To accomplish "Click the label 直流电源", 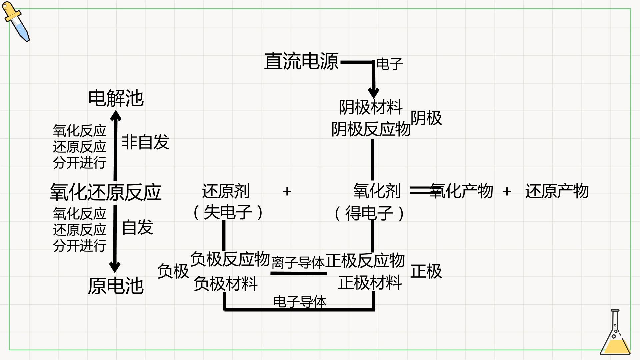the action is [x=301, y=61].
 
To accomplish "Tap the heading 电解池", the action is [x=116, y=98].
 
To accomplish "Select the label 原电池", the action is [x=116, y=286].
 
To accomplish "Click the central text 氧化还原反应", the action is [x=106, y=192].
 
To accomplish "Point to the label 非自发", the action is [x=145, y=142].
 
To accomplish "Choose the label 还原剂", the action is [x=226, y=191].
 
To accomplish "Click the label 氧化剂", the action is [x=377, y=191].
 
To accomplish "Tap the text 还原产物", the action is [x=557, y=191].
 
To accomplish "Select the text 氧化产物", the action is [x=461, y=191].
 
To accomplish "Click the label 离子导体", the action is [x=298, y=262].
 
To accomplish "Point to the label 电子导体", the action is [x=300, y=302].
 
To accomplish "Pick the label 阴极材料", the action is [x=371, y=107].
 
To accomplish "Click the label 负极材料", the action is [x=226, y=284].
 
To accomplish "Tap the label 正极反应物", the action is [x=365, y=260].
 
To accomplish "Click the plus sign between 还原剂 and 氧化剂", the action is [x=287, y=191].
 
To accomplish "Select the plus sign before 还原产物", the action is [x=507, y=191].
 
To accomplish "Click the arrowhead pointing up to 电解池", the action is [x=116, y=115].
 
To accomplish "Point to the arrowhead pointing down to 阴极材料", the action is [x=373, y=93].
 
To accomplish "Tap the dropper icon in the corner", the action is [x=16, y=22].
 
